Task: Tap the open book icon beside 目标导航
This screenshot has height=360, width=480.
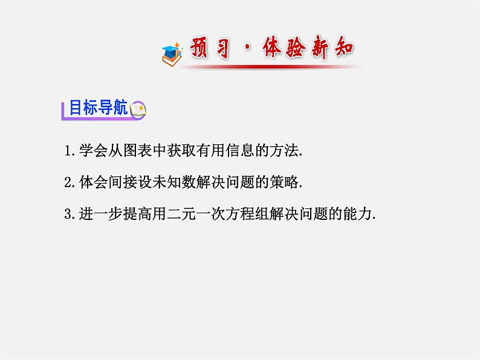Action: click(138, 109)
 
